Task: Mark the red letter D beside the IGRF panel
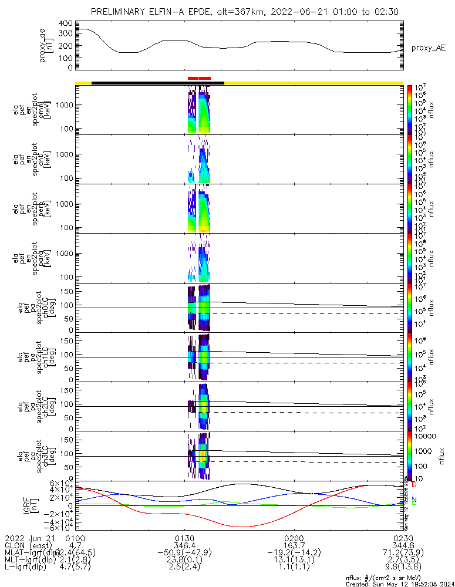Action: pos(414,485)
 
